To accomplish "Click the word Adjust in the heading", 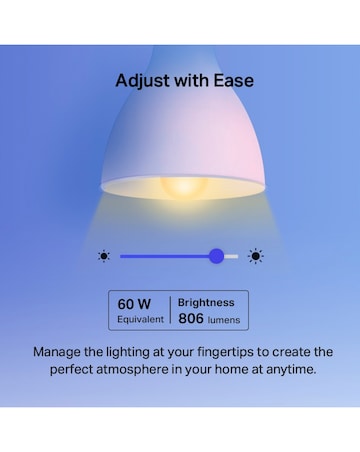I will point(141,81).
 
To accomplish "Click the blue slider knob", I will point(216,256).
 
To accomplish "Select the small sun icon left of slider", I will point(104,256).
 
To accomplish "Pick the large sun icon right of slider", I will point(256,256).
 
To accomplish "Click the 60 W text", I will point(134,303).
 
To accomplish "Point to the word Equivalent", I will point(139,320).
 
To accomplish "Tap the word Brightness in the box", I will point(206,302).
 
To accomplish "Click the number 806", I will point(192,320).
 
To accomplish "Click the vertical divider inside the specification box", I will point(171,310).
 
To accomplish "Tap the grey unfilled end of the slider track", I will point(233,256).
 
